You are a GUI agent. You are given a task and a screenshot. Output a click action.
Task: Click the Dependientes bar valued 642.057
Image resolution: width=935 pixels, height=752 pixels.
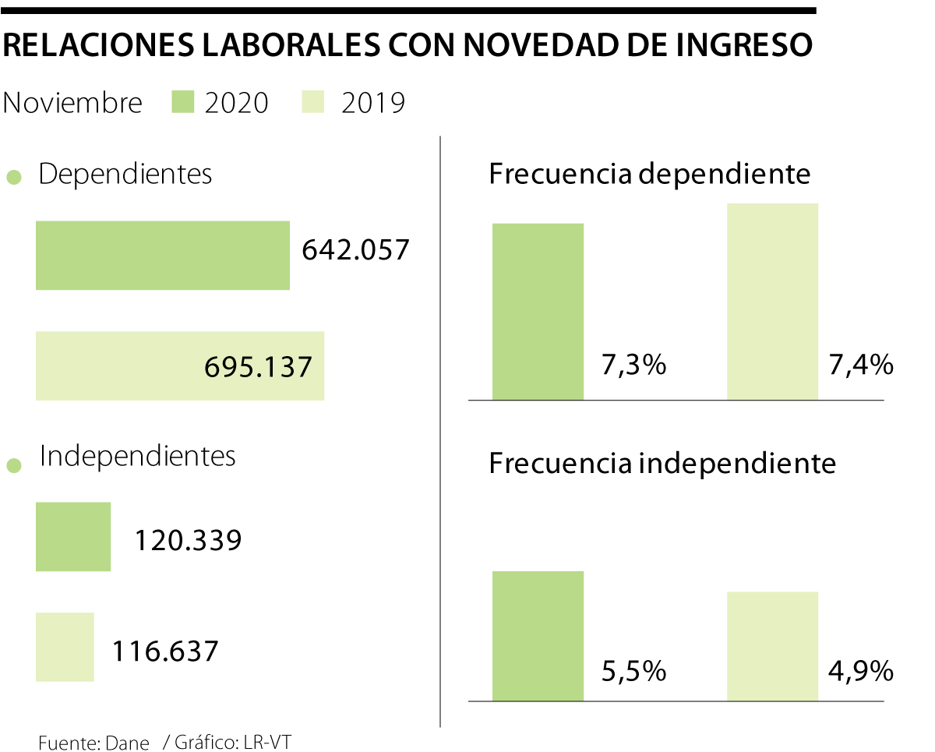[x=162, y=256]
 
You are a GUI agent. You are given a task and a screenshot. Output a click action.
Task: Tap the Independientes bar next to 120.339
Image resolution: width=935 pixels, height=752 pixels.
[x=73, y=537]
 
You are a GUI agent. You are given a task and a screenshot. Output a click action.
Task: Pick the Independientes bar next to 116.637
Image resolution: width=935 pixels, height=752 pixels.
[x=65, y=647]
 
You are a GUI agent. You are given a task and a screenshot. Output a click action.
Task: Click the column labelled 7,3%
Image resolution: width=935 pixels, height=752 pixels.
[x=538, y=312]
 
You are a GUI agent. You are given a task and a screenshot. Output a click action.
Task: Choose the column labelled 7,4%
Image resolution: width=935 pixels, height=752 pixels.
[x=772, y=302]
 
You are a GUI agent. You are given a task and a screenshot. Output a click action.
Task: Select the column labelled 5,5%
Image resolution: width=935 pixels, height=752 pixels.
[x=538, y=636]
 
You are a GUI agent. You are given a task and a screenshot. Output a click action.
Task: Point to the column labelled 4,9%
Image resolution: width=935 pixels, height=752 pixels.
[x=772, y=646]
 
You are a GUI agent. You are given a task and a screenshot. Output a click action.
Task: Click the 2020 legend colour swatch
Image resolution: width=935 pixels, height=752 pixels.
[x=182, y=102]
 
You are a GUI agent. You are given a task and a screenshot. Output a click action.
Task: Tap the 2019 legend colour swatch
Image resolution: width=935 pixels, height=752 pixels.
[x=312, y=102]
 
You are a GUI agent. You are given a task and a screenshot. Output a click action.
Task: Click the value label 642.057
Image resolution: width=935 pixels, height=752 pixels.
[x=355, y=250]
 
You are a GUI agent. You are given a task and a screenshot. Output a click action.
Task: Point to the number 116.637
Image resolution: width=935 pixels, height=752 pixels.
[x=164, y=651]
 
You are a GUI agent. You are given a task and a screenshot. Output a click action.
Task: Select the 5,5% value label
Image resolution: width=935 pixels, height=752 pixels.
[x=633, y=671]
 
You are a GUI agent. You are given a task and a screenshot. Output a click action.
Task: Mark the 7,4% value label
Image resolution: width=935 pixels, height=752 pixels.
[x=860, y=365]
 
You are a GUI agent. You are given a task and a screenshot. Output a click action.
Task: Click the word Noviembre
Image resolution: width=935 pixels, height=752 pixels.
[x=72, y=103]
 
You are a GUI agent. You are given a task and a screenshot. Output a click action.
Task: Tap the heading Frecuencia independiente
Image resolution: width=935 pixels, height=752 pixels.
[x=662, y=464]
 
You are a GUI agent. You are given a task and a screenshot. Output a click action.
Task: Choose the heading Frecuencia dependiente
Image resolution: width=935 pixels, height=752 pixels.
[x=650, y=174]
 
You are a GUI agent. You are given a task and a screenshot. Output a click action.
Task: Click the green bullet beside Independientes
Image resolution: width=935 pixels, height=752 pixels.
[x=13, y=467]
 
